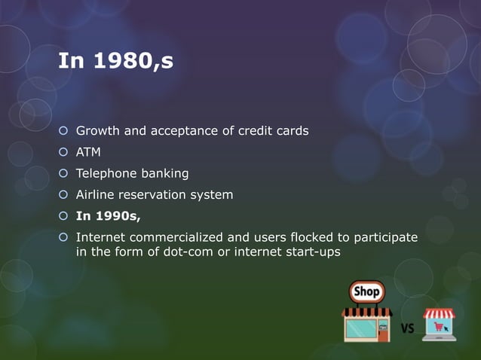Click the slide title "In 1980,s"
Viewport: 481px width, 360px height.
(116, 62)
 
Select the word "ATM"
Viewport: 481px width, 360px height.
(88, 152)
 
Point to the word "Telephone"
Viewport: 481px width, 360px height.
(105, 174)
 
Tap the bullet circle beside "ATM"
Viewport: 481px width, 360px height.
(64, 153)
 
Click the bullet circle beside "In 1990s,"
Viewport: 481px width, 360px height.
(64, 217)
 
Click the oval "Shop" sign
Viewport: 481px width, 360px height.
(367, 291)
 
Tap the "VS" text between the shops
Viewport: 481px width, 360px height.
(407, 328)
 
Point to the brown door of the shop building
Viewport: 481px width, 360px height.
(383, 331)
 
